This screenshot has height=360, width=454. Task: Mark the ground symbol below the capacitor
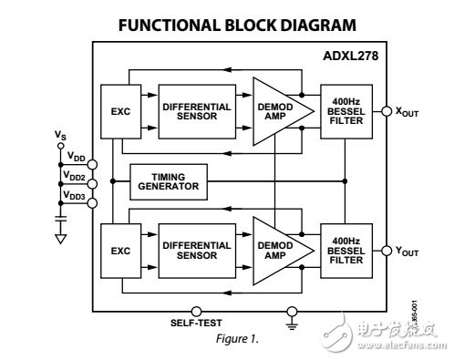61,239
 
